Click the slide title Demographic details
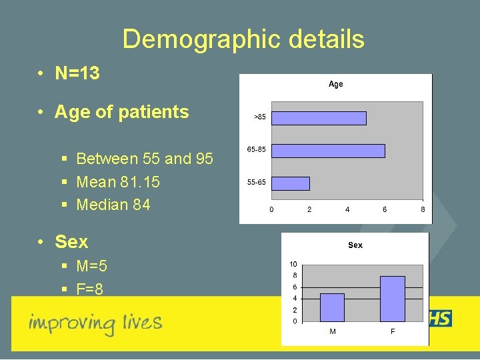tap(243, 39)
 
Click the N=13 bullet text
tap(77, 73)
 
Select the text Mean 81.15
tap(118, 182)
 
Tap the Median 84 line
tap(113, 205)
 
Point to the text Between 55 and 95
tap(145, 159)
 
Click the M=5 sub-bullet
tap(91, 267)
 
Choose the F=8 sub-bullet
tap(89, 289)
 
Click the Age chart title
tap(335, 84)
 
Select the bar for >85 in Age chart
tap(319, 118)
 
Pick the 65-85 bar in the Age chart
tap(329, 151)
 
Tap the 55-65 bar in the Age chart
tap(291, 183)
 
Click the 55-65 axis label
tap(257, 182)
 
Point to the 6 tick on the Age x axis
tap(385, 209)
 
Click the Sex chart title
tap(355, 245)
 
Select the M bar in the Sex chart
tap(332, 307)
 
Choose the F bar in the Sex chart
tap(392, 299)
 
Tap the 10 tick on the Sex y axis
tap(293, 264)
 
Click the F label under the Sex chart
tap(392, 331)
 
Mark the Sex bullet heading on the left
tap(71, 241)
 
